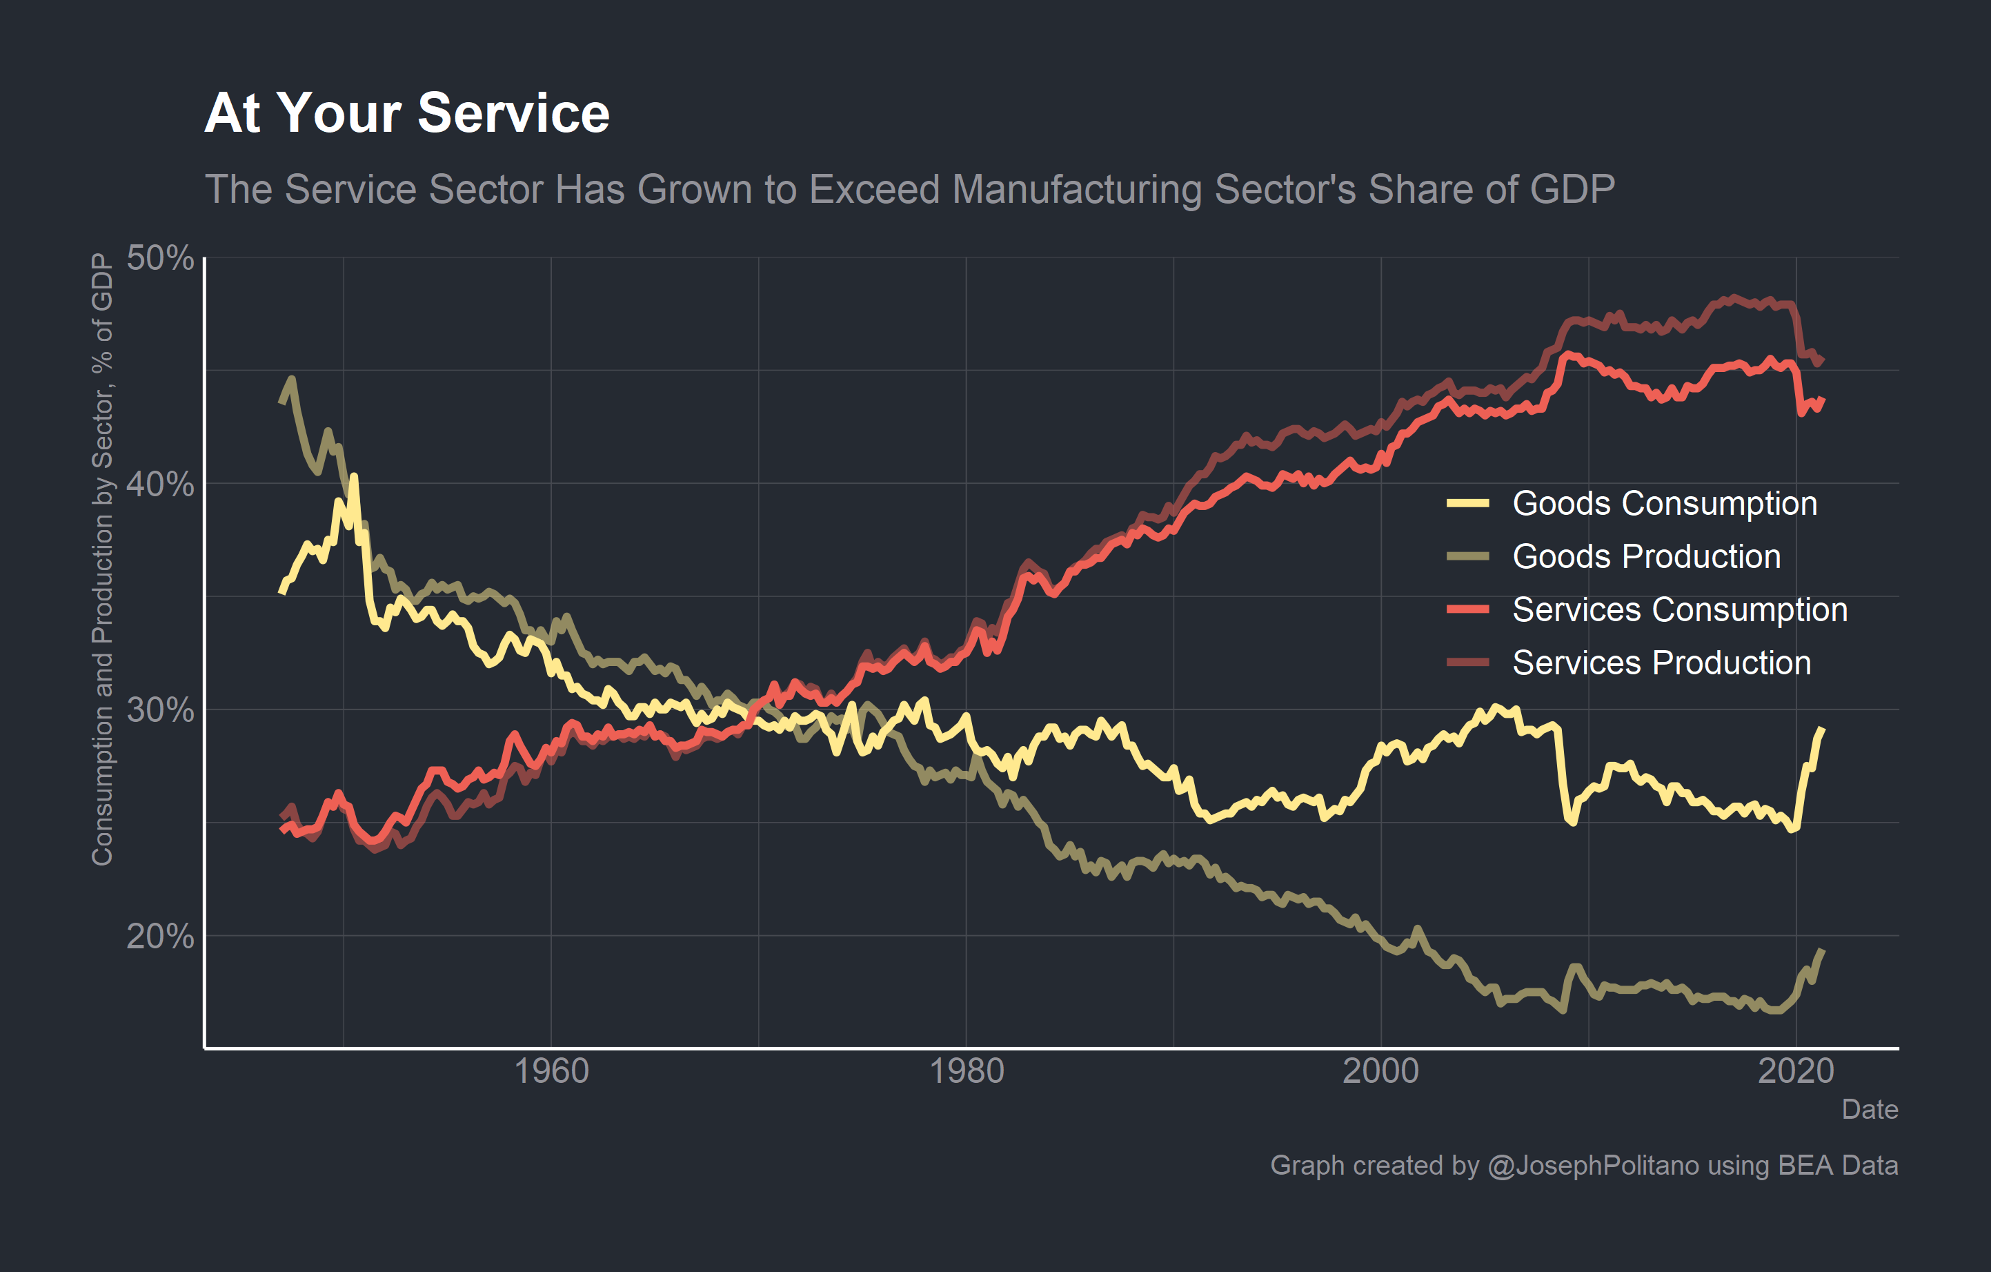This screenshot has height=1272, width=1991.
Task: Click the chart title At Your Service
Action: tap(407, 113)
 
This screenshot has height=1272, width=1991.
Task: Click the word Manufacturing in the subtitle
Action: tap(1075, 189)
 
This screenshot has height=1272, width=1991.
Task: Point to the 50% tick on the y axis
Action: tap(159, 258)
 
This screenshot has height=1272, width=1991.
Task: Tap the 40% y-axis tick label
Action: tap(159, 484)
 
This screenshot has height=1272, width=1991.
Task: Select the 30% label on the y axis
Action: tap(159, 710)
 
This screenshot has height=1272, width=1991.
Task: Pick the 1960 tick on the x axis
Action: tap(551, 1072)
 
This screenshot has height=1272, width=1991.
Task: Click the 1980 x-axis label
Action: tap(967, 1072)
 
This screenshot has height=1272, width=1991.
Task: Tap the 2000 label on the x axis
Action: tap(1381, 1072)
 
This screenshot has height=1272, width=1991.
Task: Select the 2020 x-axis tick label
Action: tap(1796, 1072)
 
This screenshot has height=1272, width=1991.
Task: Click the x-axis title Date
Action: tap(1870, 1110)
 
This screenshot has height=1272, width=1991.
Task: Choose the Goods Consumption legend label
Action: tap(1665, 504)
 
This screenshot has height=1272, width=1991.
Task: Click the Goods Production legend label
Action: tap(1646, 556)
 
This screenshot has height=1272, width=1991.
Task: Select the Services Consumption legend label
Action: tap(1679, 609)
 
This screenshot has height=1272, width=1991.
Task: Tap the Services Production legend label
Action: tap(1661, 663)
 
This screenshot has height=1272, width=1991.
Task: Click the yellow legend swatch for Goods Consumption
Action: tap(1467, 504)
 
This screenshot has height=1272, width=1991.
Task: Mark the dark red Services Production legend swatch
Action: tap(1467, 663)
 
